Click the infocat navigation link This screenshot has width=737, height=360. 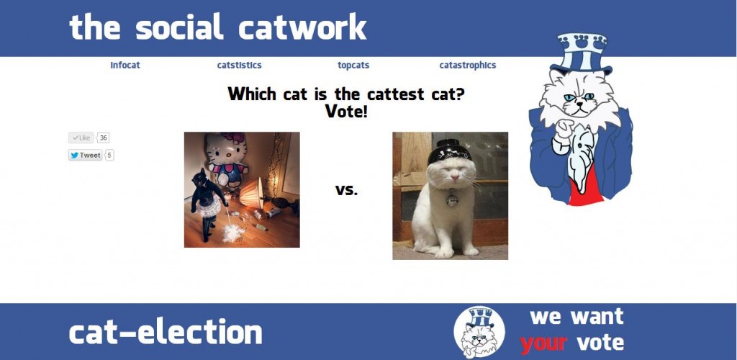coord(125,66)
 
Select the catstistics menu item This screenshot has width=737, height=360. coord(239,66)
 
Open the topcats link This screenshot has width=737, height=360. coord(353,66)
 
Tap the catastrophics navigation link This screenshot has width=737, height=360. coord(468,66)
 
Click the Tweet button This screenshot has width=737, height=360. coord(85,155)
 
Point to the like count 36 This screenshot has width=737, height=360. coord(104,138)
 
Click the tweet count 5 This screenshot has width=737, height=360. coord(109,155)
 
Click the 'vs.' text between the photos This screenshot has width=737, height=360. coord(346,190)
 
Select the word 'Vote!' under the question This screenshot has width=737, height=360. coord(346,111)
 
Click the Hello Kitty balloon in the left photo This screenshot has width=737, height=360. coord(227,158)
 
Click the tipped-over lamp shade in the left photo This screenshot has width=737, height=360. coord(253,193)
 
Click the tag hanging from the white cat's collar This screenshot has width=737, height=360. coord(452,200)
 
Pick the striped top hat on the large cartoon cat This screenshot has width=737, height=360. coord(581,53)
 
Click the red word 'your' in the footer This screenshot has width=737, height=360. coord(544,343)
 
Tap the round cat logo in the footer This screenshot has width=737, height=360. coord(479,332)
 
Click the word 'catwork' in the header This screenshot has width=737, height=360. coord(303,27)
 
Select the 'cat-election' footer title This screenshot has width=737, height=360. coord(166,332)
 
